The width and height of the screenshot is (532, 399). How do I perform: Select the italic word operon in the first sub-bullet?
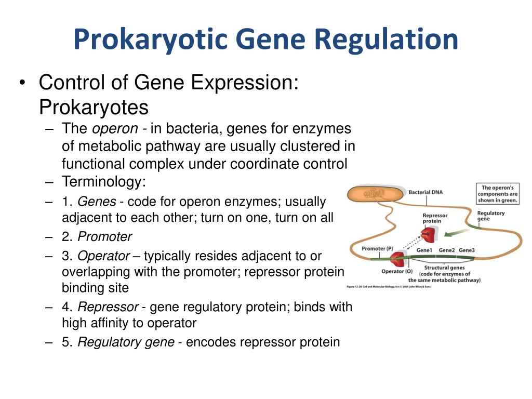tap(115, 129)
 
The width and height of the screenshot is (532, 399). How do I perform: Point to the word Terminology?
tap(104, 182)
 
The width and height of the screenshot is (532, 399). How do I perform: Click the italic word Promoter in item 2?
tap(104, 237)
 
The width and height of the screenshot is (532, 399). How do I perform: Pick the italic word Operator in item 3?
tap(104, 256)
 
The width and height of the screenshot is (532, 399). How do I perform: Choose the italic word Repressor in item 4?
tap(108, 307)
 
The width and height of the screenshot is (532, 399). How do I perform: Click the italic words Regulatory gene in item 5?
tap(127, 342)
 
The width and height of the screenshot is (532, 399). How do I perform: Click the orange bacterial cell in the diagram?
tap(376, 194)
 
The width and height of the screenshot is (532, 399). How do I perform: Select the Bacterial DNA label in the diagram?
tap(425, 192)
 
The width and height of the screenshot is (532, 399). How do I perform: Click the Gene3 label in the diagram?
tap(467, 250)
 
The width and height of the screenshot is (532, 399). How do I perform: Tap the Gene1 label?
tap(425, 250)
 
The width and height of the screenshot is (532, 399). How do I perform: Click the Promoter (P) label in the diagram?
tap(381, 248)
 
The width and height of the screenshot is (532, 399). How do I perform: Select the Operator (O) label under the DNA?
tap(397, 271)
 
